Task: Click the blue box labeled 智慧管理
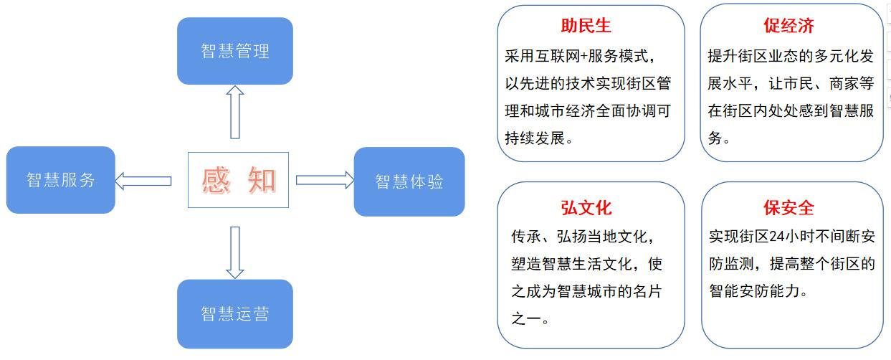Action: coord(235,51)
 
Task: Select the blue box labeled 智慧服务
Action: coord(61,180)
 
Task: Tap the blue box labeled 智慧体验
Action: coord(409,181)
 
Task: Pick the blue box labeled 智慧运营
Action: coord(235,314)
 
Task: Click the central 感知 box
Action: coord(238,180)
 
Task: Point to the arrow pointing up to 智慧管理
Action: coord(235,112)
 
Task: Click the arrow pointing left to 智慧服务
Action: coord(143,181)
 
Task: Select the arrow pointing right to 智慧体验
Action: coord(325,180)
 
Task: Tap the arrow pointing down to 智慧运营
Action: coord(235,252)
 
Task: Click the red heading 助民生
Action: coord(586,26)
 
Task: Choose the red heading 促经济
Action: coord(788,26)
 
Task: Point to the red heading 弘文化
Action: coord(586,208)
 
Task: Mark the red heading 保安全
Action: coord(788,208)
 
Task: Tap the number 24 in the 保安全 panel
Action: coord(777,237)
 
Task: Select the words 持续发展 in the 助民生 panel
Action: coord(535,138)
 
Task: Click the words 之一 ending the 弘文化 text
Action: coord(527,319)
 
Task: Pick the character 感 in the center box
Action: coord(216,180)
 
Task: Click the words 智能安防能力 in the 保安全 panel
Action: coord(754,291)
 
